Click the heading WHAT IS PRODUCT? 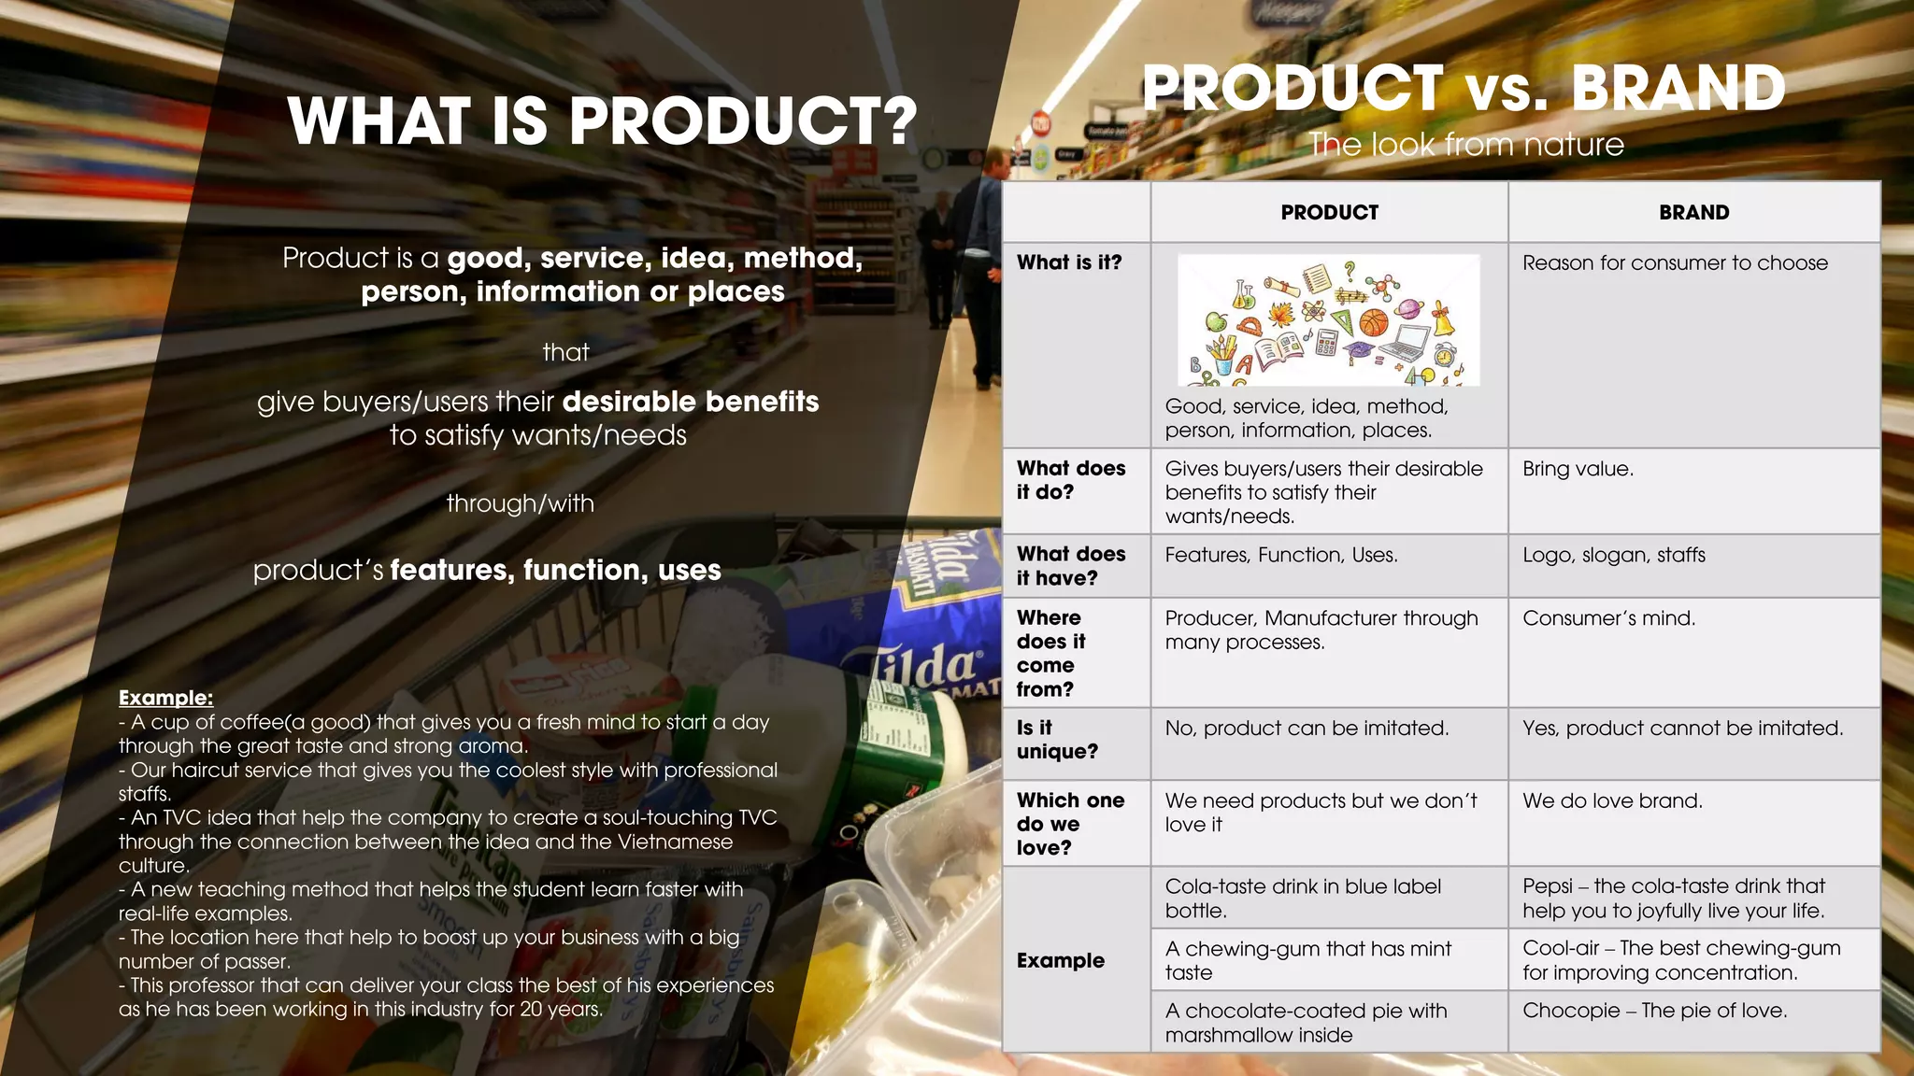[603, 121]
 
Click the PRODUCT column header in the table [1329, 212]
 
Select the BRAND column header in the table [1693, 212]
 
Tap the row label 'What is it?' [1069, 262]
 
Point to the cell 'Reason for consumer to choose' [1675, 263]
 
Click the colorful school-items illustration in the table [1328, 320]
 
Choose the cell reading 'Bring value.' [1578, 469]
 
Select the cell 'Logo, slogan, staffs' [1613, 555]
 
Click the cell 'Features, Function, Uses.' [1281, 555]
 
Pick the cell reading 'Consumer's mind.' [1608, 618]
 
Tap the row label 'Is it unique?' [1057, 740]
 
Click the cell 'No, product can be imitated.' [1307, 729]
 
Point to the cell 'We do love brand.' [1612, 800]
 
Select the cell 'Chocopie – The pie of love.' [1654, 1011]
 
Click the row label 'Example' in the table [1061, 960]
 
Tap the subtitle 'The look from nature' [1465, 145]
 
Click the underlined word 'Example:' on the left [165, 698]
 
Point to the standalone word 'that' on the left [565, 352]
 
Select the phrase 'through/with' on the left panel [520, 503]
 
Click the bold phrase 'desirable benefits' [691, 402]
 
